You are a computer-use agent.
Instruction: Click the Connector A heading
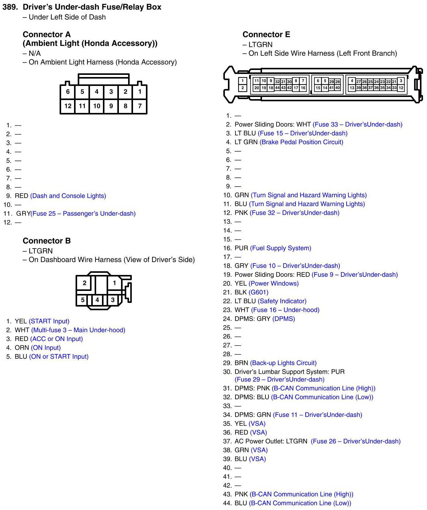[47, 34]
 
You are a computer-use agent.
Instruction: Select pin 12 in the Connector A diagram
[68, 106]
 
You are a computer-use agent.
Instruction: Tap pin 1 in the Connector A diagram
[140, 91]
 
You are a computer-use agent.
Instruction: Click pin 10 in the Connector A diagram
[96, 106]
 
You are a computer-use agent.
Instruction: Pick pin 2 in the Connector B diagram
[84, 283]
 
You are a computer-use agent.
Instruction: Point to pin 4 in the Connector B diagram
[97, 300]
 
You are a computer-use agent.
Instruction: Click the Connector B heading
[47, 241]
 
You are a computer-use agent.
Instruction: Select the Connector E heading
[266, 34]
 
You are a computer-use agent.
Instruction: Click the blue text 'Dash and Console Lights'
[68, 196]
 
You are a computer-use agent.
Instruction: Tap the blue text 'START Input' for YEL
[49, 321]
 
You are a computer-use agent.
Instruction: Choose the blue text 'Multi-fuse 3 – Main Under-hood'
[78, 330]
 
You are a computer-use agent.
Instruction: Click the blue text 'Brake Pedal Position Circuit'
[301, 142]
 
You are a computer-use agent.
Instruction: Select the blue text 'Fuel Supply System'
[280, 248]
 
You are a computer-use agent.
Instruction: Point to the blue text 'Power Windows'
[273, 284]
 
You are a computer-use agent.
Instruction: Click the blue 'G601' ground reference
[258, 292]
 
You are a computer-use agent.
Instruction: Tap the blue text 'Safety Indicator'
[282, 301]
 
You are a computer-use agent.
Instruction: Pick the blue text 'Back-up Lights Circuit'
[283, 363]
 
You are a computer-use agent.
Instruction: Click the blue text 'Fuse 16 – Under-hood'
[285, 310]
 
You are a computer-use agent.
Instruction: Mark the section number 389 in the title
[10, 7]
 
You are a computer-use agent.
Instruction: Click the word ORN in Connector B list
[22, 348]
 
